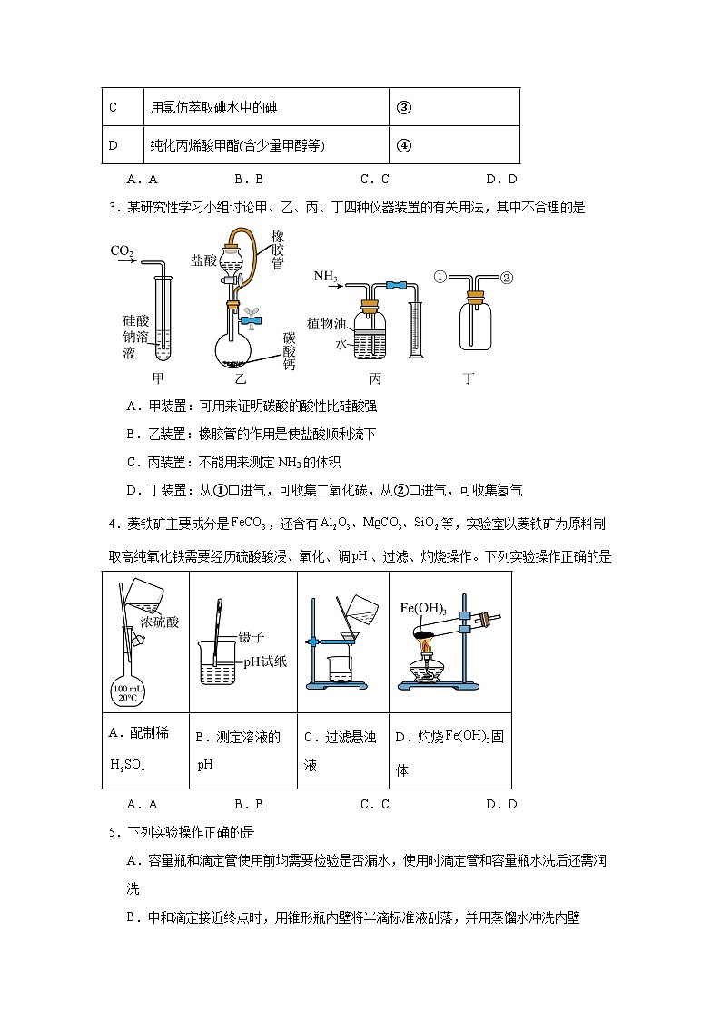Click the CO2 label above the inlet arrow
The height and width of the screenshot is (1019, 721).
[121, 250]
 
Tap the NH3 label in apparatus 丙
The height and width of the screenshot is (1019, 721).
[326, 275]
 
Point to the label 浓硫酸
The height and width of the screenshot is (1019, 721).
[160, 622]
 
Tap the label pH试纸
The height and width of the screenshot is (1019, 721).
[265, 661]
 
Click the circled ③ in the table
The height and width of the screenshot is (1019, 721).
[404, 107]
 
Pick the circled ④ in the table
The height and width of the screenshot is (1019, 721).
[404, 145]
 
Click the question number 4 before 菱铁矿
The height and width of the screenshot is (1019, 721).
[111, 524]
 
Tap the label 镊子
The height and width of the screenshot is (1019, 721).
[251, 638]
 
